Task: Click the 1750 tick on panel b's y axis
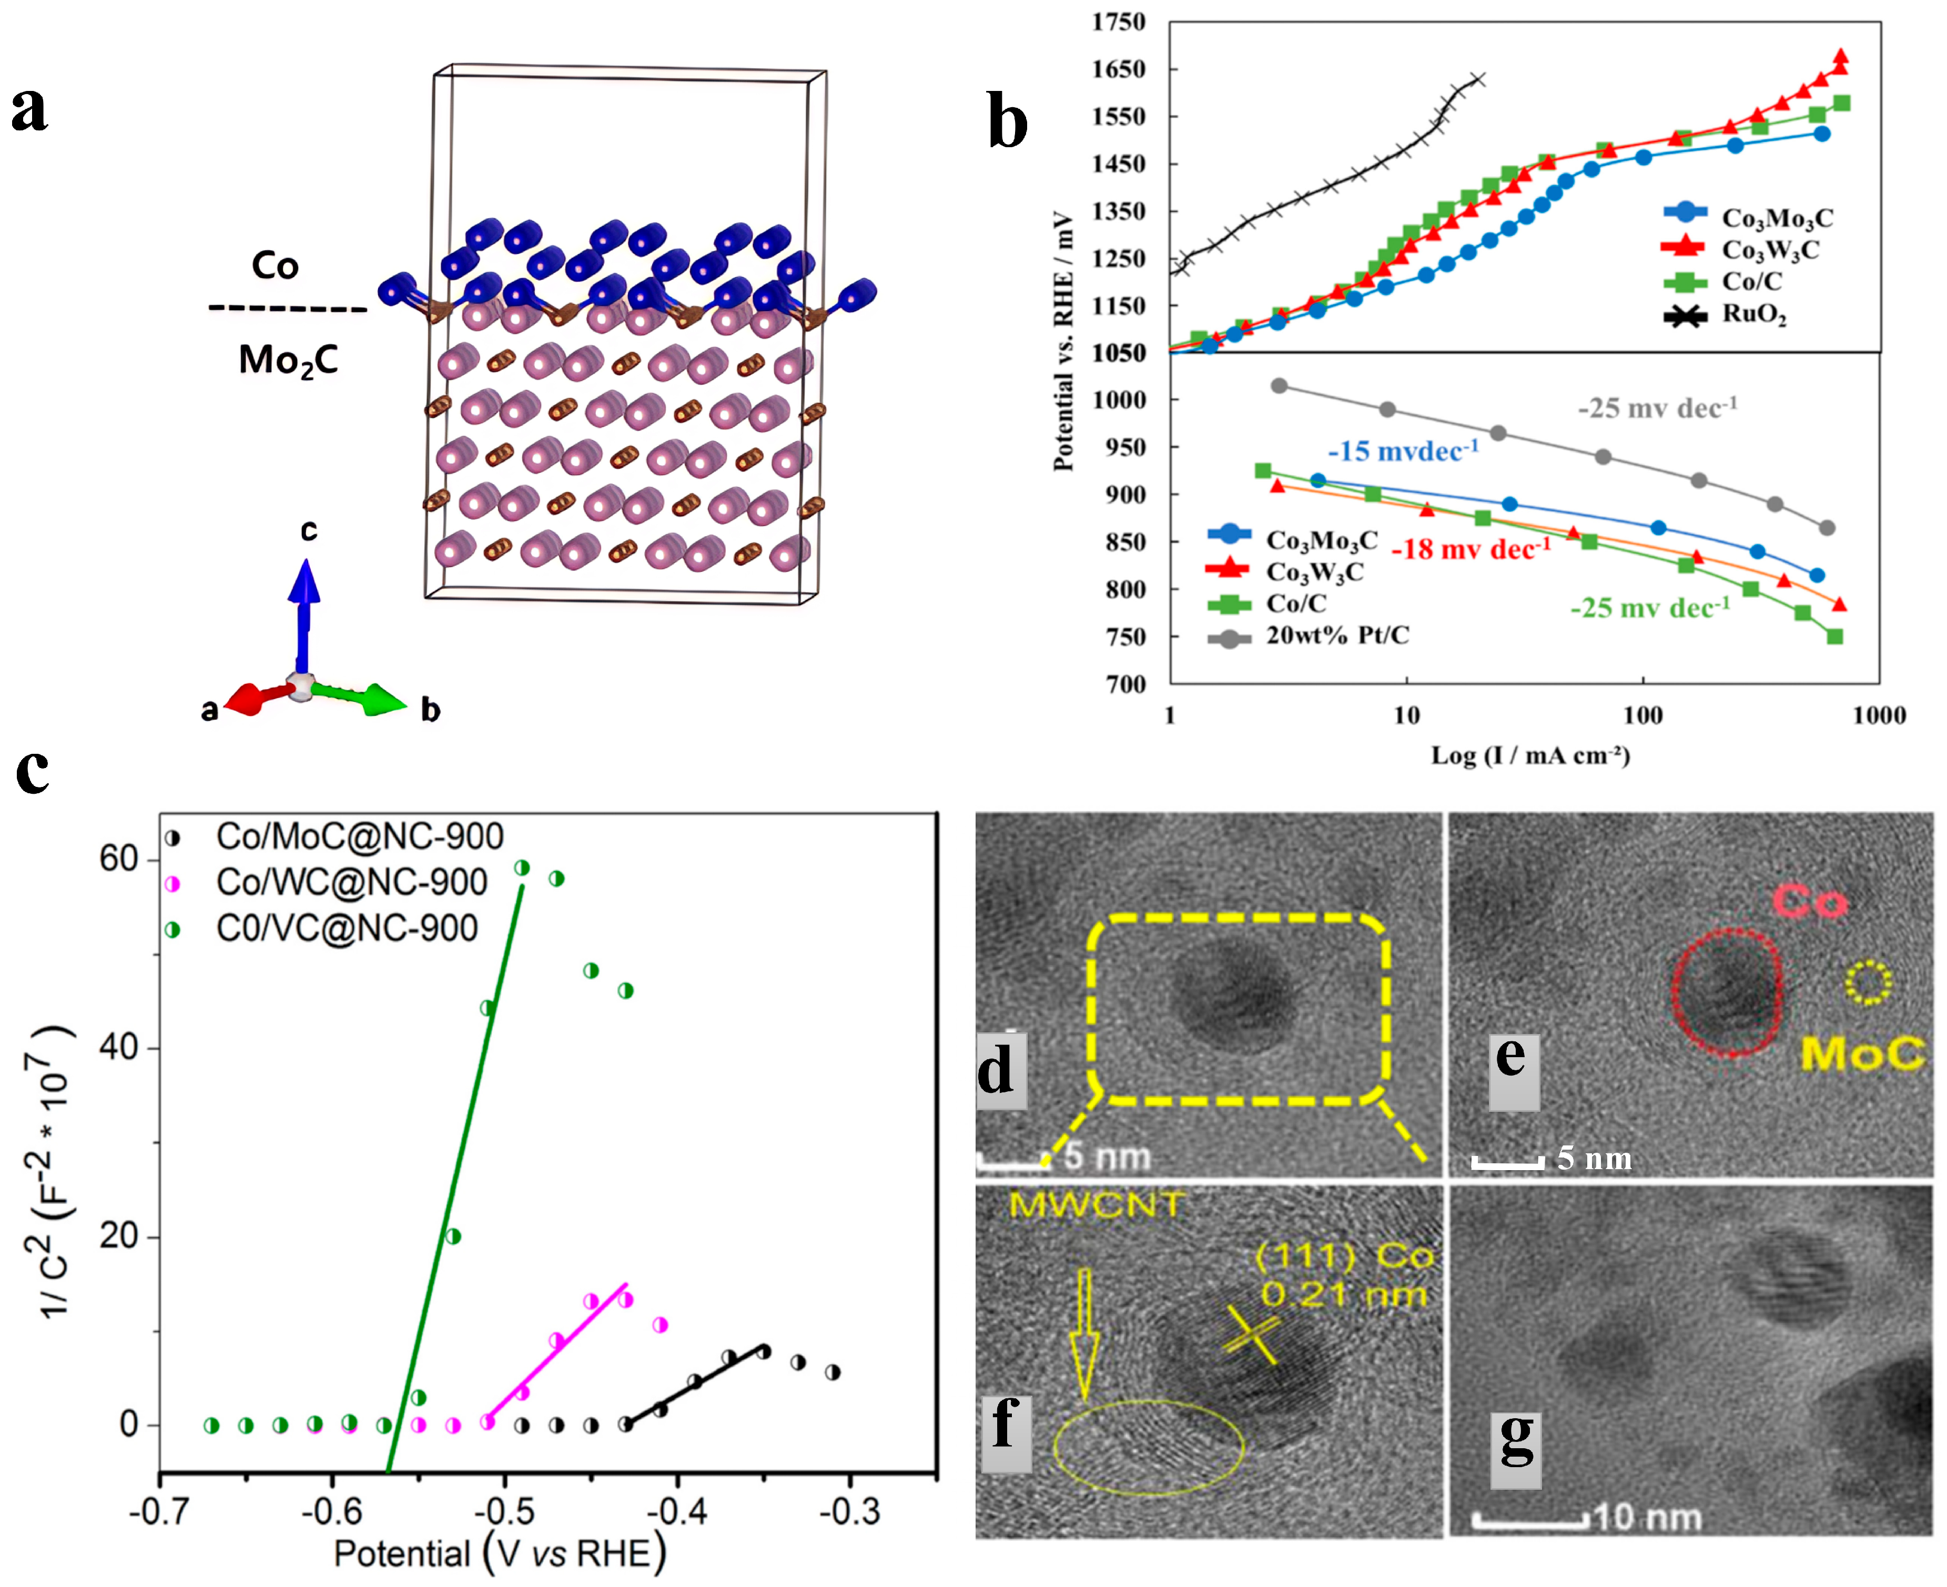[1118, 22]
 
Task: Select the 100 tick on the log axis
[1642, 715]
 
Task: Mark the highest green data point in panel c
[522, 867]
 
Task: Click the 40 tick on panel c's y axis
[118, 1048]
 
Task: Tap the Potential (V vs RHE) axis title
[499, 1554]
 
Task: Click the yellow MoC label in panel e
[1862, 1054]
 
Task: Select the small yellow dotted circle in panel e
[1868, 982]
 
